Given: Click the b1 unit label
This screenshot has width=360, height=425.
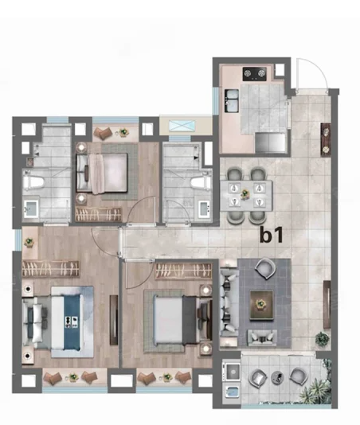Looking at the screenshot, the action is click(272, 235).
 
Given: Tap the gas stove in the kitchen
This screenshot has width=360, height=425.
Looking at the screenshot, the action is click(254, 74).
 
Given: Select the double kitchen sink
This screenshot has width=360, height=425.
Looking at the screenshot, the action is click(232, 100).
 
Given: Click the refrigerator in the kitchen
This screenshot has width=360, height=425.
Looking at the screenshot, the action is click(271, 142).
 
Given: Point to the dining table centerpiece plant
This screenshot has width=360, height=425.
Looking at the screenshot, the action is click(245, 194).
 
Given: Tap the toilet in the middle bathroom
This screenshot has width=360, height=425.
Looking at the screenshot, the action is click(201, 182).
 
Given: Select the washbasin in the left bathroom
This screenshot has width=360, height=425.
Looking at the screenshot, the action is click(31, 209).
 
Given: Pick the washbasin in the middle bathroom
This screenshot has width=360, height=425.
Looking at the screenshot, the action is click(205, 209).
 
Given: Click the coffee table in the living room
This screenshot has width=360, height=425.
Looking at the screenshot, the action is click(261, 305).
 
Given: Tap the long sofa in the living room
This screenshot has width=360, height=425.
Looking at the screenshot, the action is click(229, 302).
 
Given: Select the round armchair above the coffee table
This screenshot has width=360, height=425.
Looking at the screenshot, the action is click(265, 268).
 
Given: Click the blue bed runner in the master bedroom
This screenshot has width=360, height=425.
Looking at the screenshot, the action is click(72, 322).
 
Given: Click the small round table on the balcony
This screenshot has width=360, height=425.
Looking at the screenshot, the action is click(277, 377).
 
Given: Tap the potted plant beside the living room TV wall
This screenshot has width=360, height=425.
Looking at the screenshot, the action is click(323, 339).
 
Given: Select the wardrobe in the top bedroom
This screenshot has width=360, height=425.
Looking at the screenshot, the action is click(98, 214).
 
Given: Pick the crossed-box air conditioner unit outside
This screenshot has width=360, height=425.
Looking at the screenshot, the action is click(182, 126).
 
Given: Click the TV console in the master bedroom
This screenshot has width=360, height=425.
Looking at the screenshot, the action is click(114, 320).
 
